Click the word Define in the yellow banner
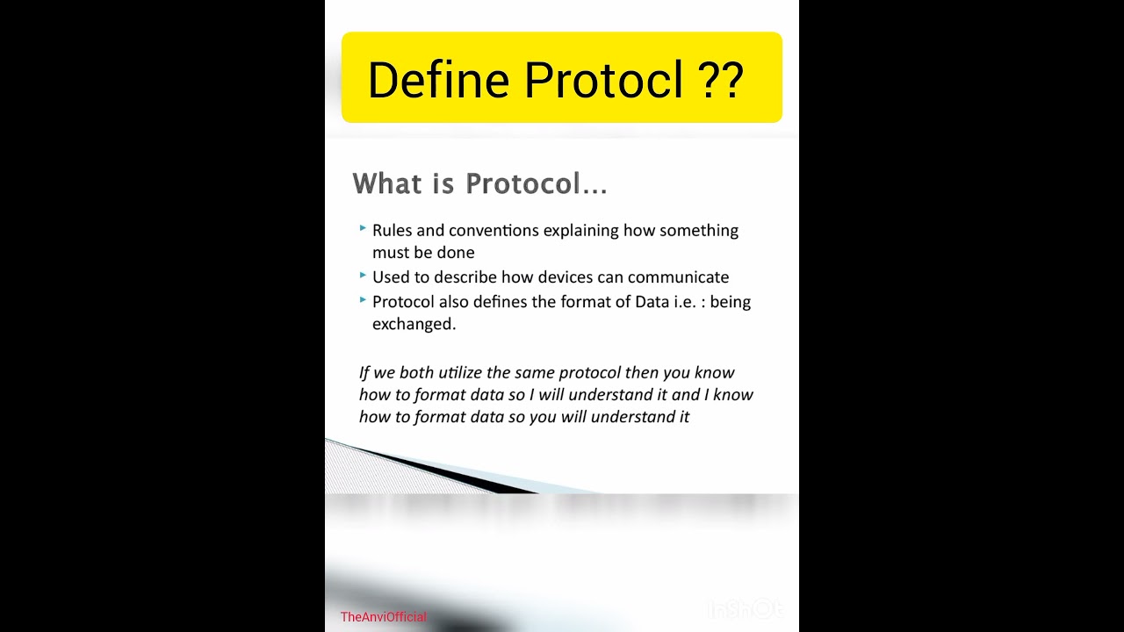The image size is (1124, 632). (x=438, y=80)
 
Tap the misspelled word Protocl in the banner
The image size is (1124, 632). (x=603, y=80)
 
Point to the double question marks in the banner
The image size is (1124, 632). (x=721, y=80)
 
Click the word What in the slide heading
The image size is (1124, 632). (x=387, y=183)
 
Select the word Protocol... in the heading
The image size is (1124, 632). (x=536, y=183)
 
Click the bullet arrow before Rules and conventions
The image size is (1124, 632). (x=363, y=228)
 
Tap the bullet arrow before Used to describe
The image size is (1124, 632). (x=363, y=275)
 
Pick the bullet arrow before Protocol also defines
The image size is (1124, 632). (x=363, y=299)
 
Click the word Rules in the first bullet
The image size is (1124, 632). (x=392, y=231)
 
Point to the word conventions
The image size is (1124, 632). (x=494, y=231)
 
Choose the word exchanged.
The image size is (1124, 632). (x=414, y=324)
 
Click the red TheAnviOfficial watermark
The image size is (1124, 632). (x=384, y=617)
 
